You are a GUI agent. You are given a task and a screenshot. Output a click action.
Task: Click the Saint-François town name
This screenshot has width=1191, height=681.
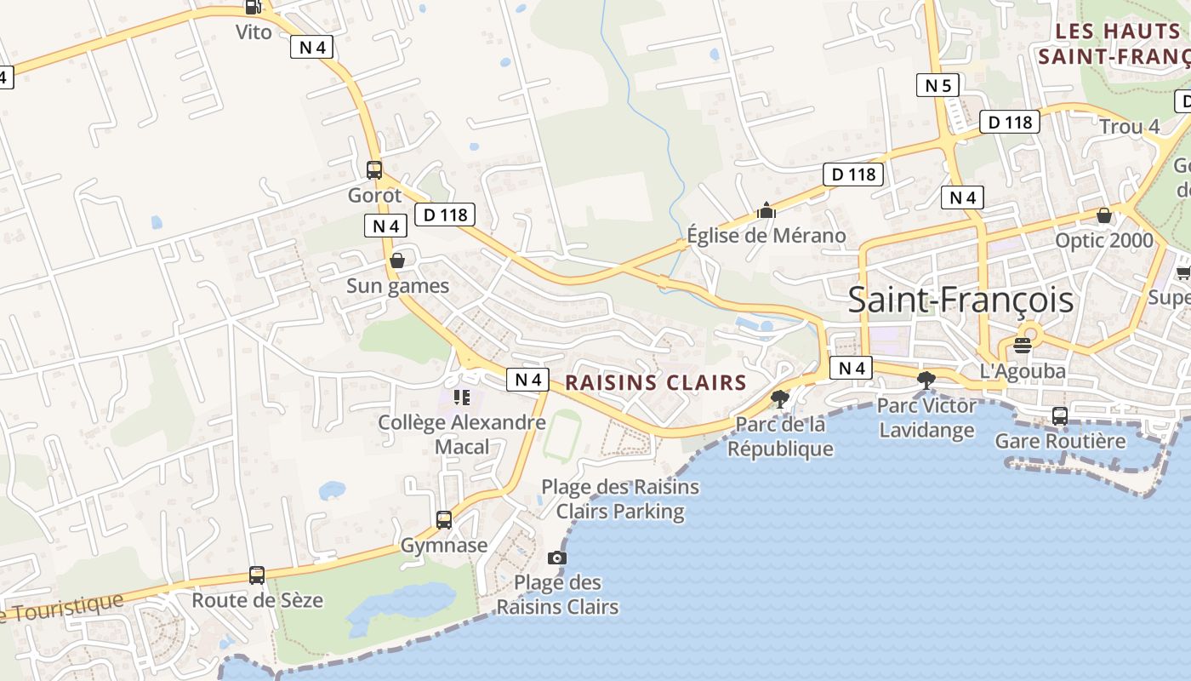960,300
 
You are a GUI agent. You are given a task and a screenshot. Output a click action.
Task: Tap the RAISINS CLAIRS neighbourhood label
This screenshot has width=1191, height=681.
655,383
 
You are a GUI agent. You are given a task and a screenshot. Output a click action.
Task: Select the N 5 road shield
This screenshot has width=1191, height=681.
937,85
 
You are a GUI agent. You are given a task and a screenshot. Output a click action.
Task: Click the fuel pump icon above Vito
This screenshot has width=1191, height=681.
253,7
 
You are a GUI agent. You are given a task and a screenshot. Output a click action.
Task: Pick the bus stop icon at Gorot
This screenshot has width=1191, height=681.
374,169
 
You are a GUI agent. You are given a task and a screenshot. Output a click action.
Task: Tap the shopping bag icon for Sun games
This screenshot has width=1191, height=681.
397,260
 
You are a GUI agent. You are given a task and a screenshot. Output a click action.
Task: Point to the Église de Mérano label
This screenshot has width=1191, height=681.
766,236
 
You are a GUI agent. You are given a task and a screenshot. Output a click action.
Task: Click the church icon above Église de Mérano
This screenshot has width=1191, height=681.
766,210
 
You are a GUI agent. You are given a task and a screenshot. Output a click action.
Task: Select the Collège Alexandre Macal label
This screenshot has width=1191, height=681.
462,434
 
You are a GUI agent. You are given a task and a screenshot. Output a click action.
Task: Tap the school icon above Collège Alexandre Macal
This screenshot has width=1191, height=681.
462,397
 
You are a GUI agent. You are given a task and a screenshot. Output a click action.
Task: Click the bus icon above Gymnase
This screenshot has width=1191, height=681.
443,519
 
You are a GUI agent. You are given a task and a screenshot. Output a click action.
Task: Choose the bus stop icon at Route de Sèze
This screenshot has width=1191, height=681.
257,575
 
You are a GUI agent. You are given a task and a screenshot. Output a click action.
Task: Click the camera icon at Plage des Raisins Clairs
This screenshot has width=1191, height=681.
557,558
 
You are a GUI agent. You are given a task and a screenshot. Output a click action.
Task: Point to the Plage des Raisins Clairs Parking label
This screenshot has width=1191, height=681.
620,499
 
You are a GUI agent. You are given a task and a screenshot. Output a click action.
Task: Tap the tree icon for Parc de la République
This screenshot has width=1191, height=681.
779,398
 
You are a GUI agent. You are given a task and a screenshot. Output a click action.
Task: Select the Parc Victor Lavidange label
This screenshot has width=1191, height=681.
926,418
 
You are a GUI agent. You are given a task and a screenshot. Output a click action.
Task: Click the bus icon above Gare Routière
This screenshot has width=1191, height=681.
1060,415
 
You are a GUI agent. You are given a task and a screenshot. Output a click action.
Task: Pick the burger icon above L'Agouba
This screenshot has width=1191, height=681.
1023,346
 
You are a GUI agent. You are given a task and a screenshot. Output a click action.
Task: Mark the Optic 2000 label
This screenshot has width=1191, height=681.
1103,240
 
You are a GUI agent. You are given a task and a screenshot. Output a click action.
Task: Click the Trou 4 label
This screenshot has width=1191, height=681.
1129,127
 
